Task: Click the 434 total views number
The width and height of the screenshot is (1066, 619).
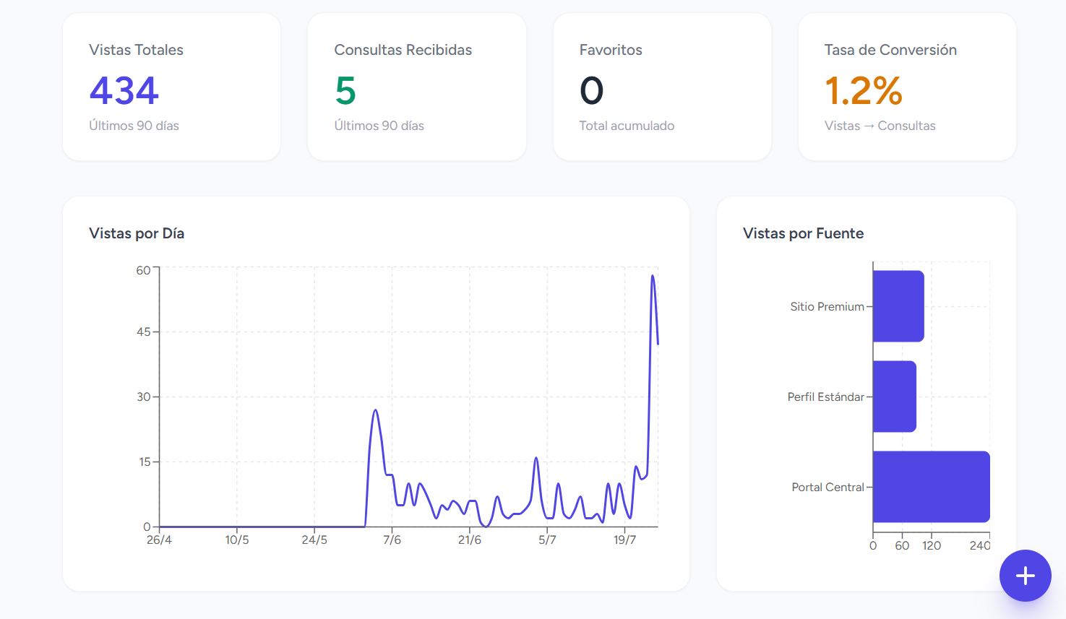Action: coord(124,90)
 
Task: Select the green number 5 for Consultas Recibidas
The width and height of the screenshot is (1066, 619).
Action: coord(345,90)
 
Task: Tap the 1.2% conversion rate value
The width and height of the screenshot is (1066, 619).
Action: coord(863,90)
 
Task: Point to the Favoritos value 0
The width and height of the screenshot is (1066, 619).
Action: coord(591,90)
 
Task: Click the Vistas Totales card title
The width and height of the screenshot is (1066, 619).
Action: coord(136,50)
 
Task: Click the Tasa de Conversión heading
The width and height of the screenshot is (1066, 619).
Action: coord(890,50)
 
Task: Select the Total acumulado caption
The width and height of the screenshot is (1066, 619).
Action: coord(627,126)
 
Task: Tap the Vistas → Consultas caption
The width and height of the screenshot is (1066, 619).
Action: coord(880,126)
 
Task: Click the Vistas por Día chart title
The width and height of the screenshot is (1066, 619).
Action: coord(137,233)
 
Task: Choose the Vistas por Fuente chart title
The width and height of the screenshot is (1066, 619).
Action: coord(804,233)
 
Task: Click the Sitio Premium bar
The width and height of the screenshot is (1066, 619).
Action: coord(898,306)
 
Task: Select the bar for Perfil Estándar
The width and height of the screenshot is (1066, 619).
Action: coord(895,397)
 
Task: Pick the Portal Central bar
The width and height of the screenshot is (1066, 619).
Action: coord(932,487)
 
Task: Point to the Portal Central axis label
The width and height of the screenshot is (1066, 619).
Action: coord(828,488)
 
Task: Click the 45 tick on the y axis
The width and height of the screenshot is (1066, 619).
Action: coord(143,332)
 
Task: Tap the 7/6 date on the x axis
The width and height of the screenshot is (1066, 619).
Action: coord(392,540)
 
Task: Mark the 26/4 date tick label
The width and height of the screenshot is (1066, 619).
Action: coord(160,540)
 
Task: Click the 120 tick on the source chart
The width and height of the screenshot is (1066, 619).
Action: coord(932,546)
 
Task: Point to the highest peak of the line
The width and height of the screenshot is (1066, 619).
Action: coord(653,275)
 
